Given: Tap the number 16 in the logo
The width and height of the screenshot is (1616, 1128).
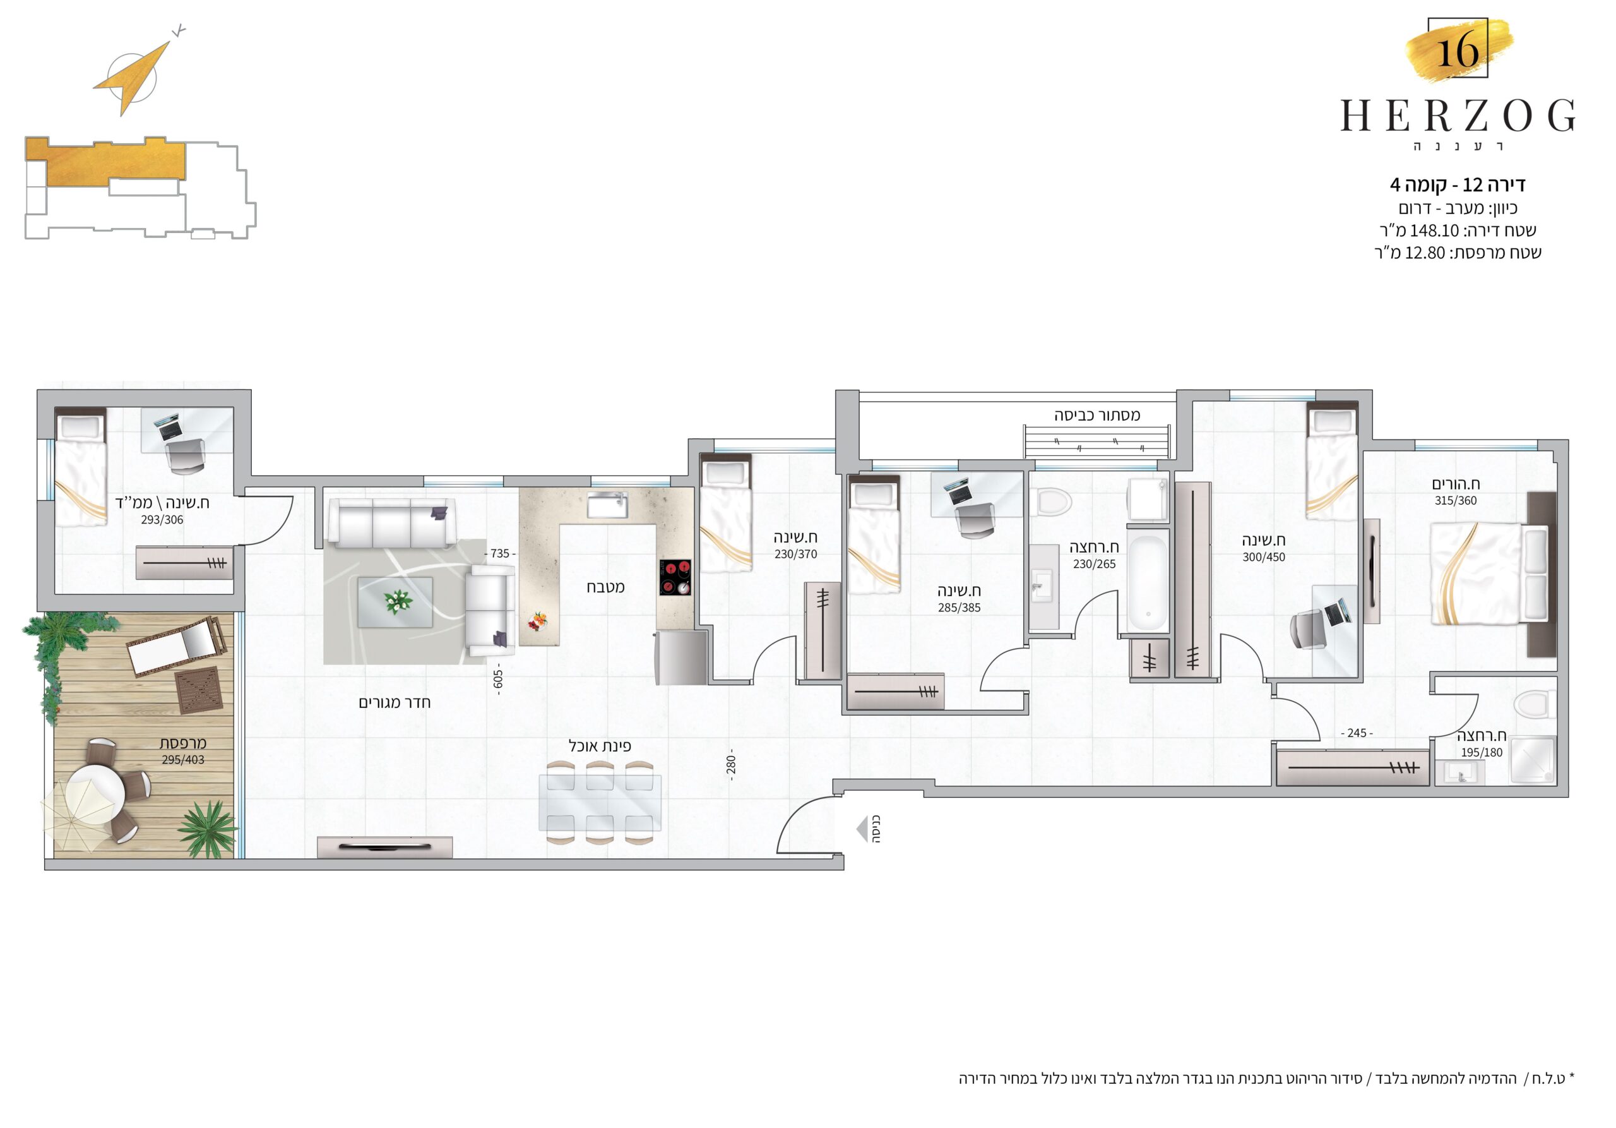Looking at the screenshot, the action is tap(1457, 51).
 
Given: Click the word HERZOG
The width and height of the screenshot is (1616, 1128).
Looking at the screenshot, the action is tap(1458, 116).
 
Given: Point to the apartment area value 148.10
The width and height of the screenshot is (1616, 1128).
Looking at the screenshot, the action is tap(1434, 231).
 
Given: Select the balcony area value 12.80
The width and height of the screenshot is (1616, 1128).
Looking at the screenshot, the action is tap(1425, 253).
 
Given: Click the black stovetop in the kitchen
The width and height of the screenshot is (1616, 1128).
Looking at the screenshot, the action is tap(675, 577).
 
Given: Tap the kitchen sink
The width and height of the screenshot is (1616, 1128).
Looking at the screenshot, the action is tap(607, 505).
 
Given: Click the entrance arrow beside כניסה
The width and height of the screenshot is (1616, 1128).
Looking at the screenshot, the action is tap(862, 829).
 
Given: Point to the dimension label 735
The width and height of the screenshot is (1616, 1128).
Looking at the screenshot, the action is tap(500, 553).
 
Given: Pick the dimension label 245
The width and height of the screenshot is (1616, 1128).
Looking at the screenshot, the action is tap(1357, 733).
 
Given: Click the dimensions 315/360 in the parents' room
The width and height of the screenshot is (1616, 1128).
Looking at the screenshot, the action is tap(1456, 501).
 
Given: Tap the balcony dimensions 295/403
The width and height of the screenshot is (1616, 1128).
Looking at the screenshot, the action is tap(183, 760).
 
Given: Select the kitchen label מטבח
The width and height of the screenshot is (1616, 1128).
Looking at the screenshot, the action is tap(605, 587).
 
